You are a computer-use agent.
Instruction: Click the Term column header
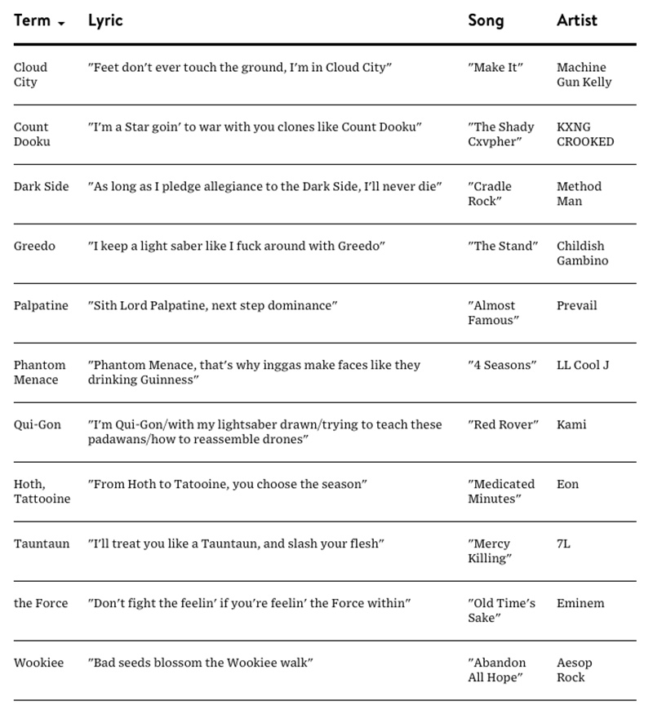pyautogui.click(x=32, y=20)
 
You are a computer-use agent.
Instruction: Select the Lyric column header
pyautogui.click(x=105, y=20)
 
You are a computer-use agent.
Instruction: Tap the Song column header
pyautogui.click(x=486, y=20)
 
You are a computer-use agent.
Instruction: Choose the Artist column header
pyautogui.click(x=577, y=20)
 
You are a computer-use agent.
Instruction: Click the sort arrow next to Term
pyautogui.click(x=61, y=23)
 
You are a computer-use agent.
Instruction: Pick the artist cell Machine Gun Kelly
pyautogui.click(x=584, y=74)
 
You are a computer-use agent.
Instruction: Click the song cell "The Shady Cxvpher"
pyautogui.click(x=501, y=134)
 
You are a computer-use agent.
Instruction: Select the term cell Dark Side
pyautogui.click(x=41, y=186)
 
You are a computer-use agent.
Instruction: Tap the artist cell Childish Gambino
pyautogui.click(x=582, y=253)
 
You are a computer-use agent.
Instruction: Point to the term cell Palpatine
pyautogui.click(x=41, y=305)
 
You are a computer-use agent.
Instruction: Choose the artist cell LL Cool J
pyautogui.click(x=583, y=365)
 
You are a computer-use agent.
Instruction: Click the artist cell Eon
pyautogui.click(x=567, y=484)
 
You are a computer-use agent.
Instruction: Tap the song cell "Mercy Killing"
pyautogui.click(x=490, y=551)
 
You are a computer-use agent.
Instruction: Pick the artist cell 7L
pyautogui.click(x=563, y=544)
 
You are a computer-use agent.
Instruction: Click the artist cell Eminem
pyautogui.click(x=580, y=603)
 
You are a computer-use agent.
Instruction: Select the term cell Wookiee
pyautogui.click(x=38, y=663)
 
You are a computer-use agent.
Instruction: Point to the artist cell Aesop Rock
pyautogui.click(x=575, y=670)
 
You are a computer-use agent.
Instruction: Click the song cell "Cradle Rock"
pyautogui.click(x=494, y=193)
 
